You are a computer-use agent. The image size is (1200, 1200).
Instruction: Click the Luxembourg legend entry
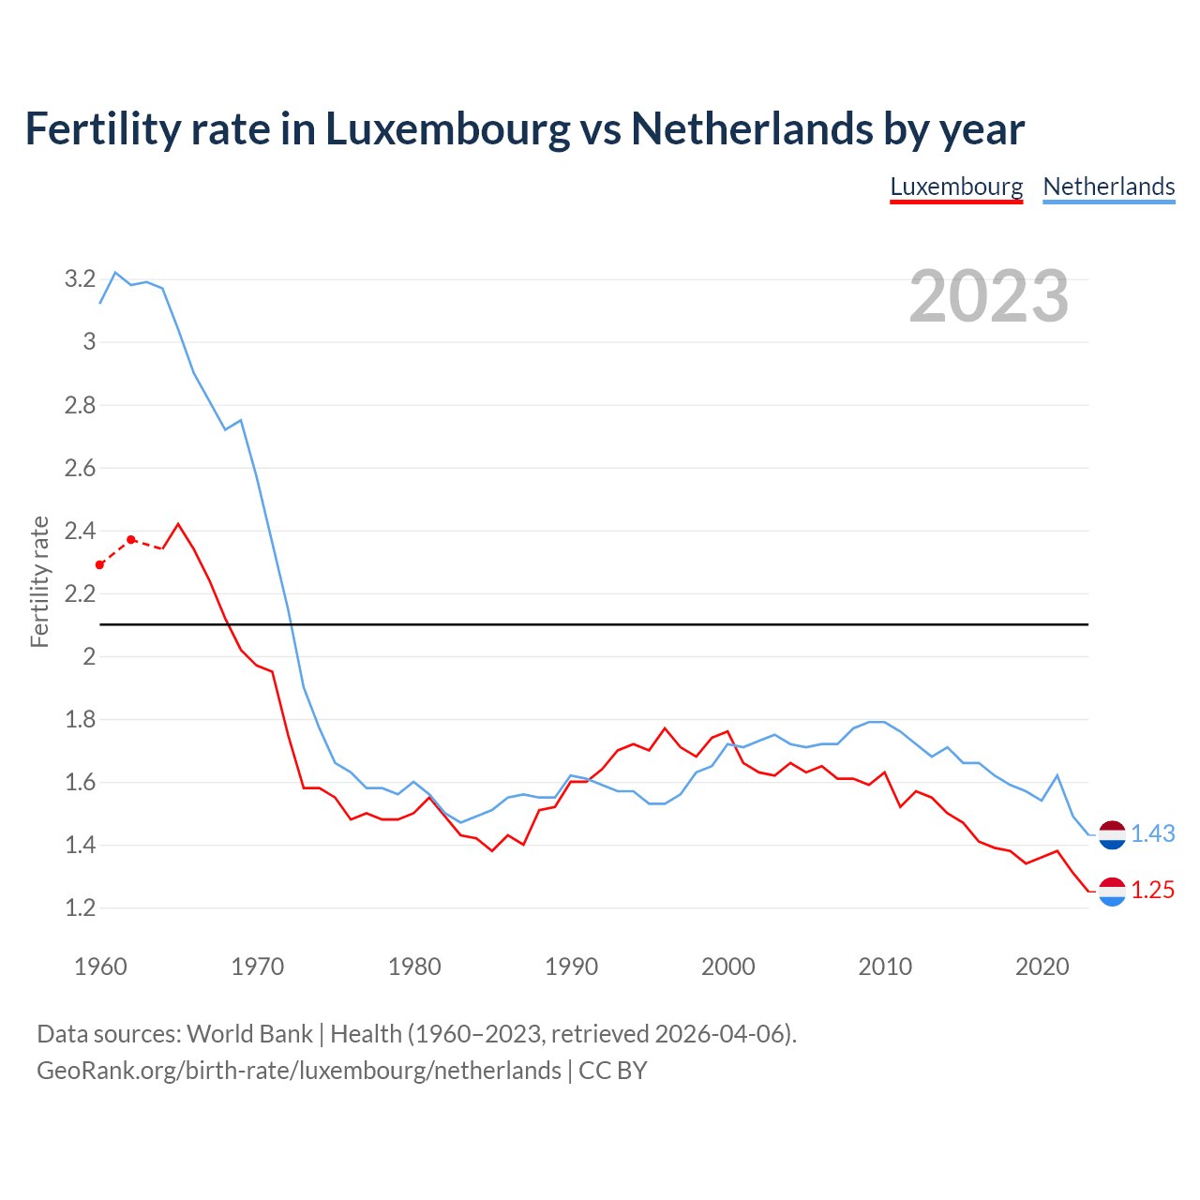956,187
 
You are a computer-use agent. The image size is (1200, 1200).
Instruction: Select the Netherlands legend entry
1109,187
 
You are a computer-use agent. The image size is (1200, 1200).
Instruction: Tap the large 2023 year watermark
989,296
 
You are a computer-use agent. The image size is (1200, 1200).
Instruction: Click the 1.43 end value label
1152,833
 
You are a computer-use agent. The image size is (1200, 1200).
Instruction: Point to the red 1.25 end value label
1152,890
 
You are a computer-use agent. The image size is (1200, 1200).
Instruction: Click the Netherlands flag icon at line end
1112,833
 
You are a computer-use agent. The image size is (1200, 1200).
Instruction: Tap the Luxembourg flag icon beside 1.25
1112,891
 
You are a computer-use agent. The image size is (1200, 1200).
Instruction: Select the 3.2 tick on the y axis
80,278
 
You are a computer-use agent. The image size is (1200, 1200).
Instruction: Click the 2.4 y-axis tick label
80,531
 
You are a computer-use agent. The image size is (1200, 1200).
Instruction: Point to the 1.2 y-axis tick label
80,907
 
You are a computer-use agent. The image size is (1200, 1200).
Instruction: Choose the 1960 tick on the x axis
100,967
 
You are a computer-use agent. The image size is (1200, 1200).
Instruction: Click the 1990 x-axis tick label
571,967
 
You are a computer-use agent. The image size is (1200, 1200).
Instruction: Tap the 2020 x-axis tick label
1042,967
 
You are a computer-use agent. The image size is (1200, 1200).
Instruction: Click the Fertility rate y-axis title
39,581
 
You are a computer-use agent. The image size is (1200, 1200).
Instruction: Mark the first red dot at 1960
100,564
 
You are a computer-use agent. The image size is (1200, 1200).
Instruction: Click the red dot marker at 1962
131,539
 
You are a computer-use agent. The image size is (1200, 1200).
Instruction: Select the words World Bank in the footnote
249,1033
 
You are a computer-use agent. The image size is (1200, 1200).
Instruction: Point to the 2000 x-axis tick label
727,967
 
